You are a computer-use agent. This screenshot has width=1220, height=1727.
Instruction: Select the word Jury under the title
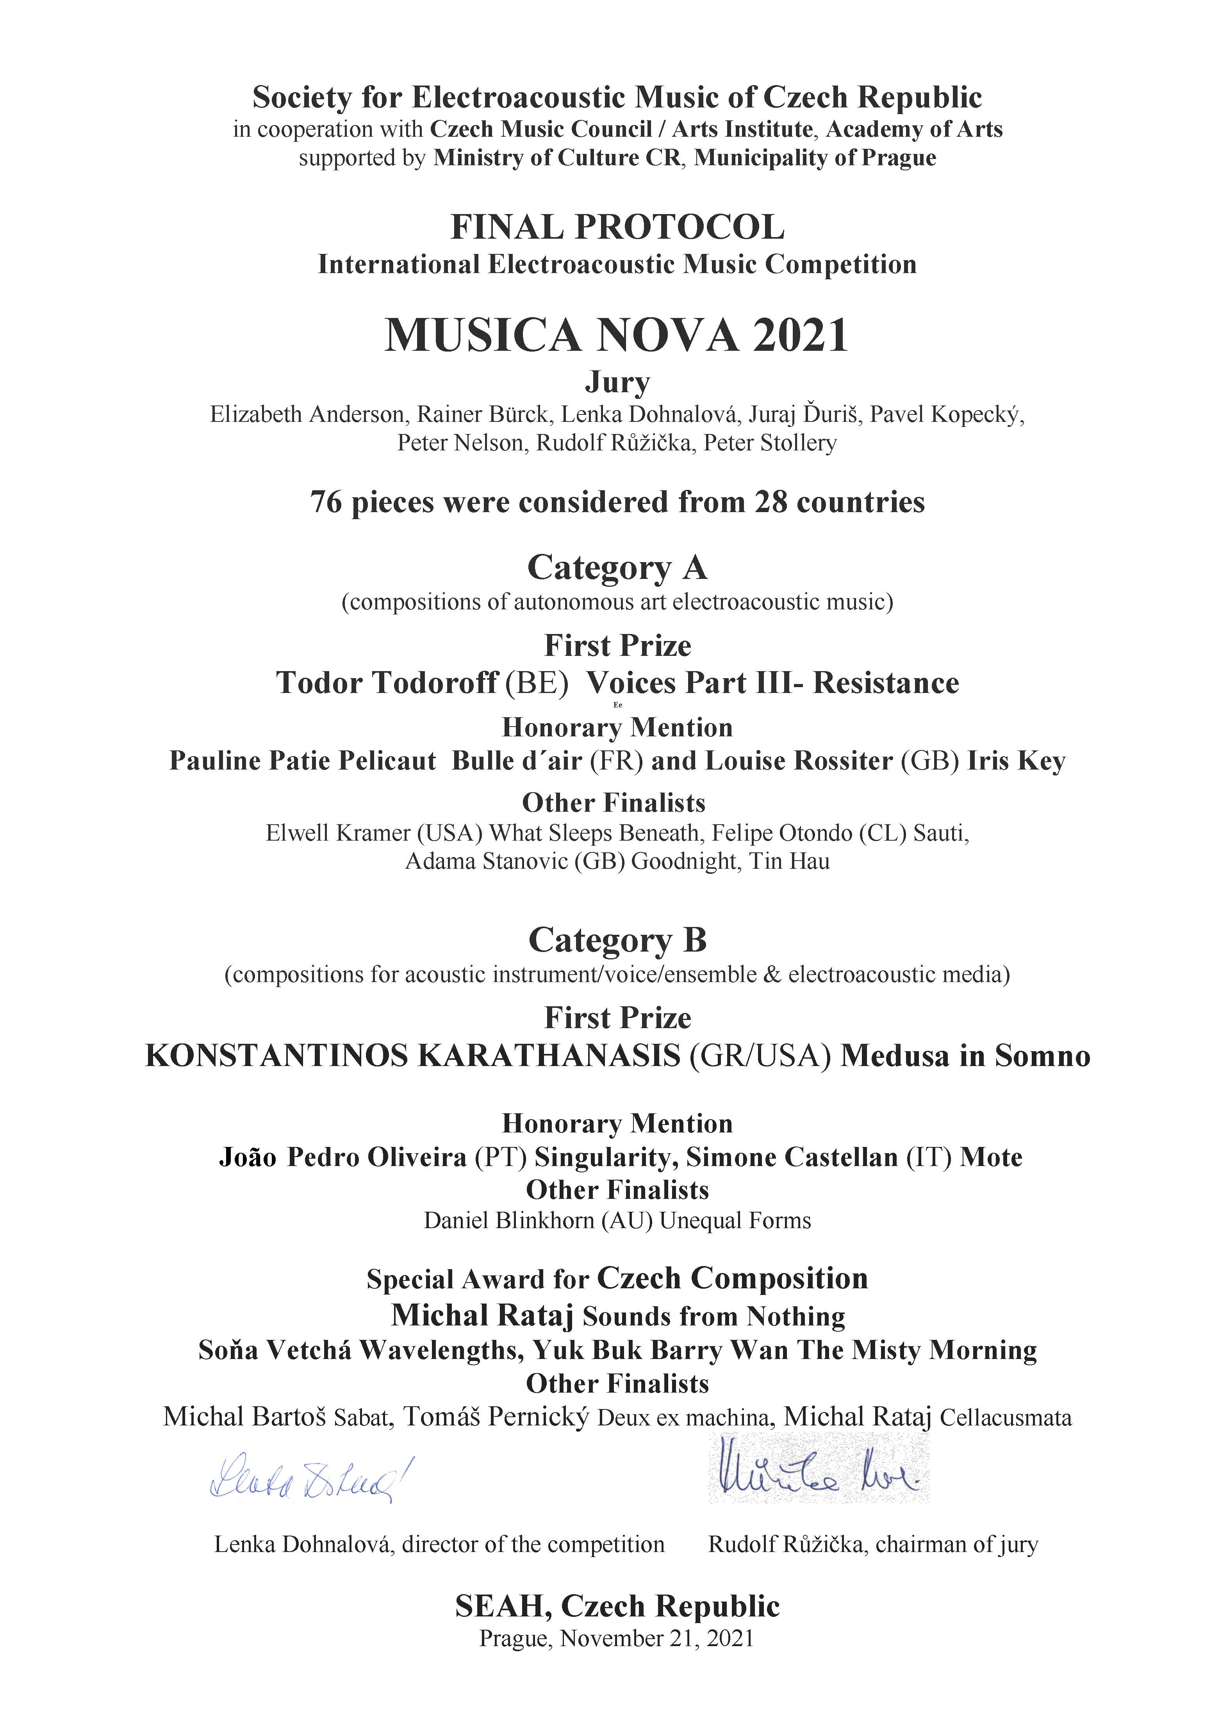point(617,383)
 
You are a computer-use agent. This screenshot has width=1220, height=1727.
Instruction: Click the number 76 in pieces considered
point(326,502)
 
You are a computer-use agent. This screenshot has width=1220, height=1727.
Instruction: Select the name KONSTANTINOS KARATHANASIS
point(412,1056)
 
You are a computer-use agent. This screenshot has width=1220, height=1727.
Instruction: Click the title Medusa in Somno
point(965,1056)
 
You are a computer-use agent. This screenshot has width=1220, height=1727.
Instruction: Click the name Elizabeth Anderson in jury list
point(307,414)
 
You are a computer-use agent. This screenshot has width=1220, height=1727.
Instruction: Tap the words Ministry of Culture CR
point(557,158)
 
